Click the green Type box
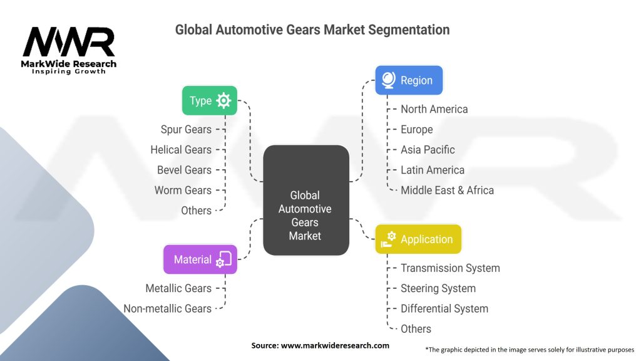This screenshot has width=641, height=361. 209,100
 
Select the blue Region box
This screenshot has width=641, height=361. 408,80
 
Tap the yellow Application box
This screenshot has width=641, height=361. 418,239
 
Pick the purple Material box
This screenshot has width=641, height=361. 200,259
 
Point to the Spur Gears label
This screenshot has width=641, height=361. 186,129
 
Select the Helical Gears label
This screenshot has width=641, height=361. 181,149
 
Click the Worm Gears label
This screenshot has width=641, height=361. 183,190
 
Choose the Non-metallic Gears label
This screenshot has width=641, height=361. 167,308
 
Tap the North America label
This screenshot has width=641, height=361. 434,109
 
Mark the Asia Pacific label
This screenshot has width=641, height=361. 428,149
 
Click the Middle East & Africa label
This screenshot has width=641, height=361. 447,190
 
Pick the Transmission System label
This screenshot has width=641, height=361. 450,268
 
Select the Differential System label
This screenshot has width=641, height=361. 444,308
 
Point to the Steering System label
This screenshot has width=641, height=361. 438,288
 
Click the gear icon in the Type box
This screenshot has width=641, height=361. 223,100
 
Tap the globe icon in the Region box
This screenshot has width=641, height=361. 388,80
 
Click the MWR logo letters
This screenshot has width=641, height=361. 69,43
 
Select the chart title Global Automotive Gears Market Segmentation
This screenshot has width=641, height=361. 312,29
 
